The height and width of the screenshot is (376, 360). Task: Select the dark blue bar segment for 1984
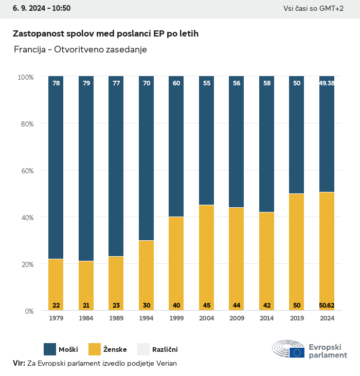point(86,170)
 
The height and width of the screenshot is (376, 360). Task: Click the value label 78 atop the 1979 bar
point(56,83)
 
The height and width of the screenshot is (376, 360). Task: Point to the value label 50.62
point(327,306)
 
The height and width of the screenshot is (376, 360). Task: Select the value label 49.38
point(327,83)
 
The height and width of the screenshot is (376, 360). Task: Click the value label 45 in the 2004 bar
point(206,306)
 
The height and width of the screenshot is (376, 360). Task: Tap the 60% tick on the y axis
point(26,171)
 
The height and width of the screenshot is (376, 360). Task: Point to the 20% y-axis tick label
point(26,264)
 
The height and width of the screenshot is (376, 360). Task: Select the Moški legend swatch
point(50,350)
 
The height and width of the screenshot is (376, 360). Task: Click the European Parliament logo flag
point(297,352)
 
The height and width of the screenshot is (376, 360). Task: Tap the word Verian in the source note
point(166,363)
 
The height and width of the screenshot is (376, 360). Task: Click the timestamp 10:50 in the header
point(61,8)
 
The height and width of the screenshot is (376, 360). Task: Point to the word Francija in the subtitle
point(29,49)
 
